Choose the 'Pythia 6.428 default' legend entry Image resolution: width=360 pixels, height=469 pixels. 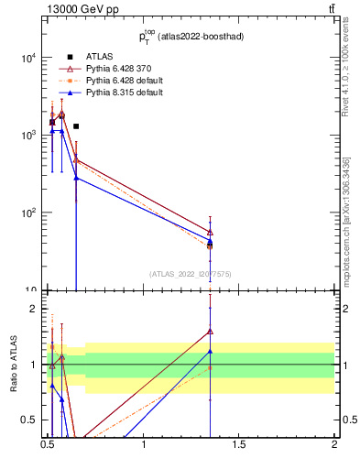coord(113,81)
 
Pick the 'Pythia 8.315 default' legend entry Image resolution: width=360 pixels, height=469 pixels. coord(113,93)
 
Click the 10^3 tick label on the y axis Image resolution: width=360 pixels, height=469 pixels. coord(27,136)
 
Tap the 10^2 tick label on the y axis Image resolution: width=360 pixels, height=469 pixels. coord(27,213)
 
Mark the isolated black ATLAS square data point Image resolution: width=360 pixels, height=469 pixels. coord(76,126)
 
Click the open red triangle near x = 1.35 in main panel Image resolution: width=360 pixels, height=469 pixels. coord(211,232)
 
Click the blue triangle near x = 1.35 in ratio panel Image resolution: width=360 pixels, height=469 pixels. coord(211,351)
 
